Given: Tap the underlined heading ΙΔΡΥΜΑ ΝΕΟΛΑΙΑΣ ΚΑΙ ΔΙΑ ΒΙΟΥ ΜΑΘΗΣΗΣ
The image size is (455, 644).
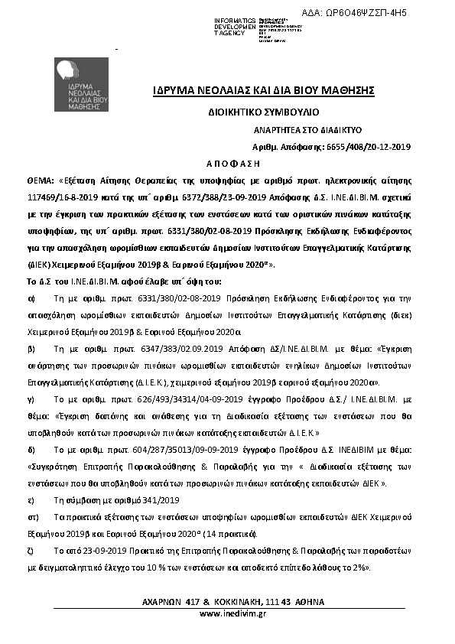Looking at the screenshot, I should point(264,92).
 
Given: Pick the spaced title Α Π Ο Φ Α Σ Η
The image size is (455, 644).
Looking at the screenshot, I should point(233,164).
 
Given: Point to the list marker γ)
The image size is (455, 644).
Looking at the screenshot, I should point(31,398).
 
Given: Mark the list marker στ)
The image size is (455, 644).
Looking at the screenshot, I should point(33,516).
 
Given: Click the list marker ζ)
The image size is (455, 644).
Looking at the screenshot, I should point(31,549).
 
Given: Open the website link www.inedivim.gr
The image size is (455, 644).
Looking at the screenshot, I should point(232,613).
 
